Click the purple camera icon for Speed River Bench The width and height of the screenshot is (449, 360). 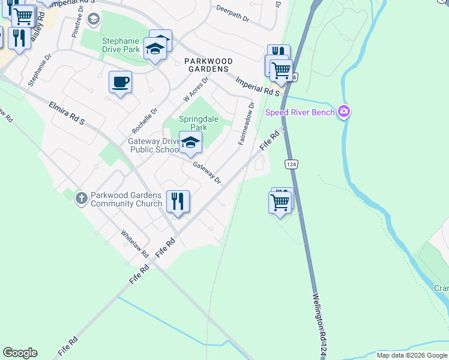coord(343,111)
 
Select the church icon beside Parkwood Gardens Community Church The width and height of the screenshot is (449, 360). coord(82,197)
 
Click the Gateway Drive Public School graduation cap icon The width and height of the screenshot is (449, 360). coord(190,143)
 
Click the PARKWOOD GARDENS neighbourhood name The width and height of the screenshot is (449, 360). coord(206,65)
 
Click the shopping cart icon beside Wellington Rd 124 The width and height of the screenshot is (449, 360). coord(280,202)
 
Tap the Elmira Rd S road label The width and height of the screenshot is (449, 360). coord(67,113)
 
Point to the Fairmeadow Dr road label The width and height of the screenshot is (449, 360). coord(246,123)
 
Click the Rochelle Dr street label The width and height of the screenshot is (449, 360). coord(145,120)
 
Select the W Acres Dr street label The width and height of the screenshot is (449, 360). coord(196,89)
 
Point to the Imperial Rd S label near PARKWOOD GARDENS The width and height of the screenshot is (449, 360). coord(258,86)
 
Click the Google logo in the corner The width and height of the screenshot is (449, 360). coord(20,353)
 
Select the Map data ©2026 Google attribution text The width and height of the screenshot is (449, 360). coord(411,355)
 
